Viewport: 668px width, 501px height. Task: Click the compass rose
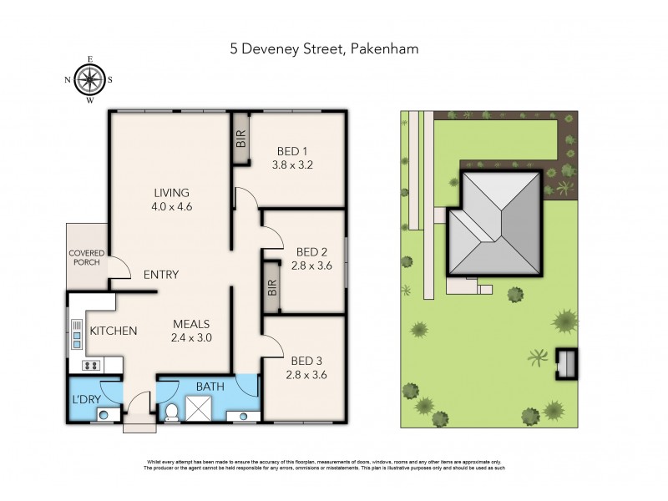[x=89, y=80]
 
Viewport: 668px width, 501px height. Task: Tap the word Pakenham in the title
[x=385, y=48]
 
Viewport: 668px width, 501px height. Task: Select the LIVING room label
[x=171, y=192]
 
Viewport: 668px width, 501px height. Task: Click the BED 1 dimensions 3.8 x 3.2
[x=291, y=164]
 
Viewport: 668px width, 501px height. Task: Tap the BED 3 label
[x=307, y=361]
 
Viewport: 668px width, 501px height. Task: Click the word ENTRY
[x=160, y=275]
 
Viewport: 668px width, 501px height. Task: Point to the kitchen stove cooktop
[x=91, y=365]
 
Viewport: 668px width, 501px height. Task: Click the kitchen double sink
[x=77, y=335]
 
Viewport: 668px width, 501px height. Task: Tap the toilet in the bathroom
[x=173, y=411]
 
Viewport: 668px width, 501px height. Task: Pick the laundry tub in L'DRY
[x=104, y=413]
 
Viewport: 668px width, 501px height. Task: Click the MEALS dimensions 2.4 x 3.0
[x=191, y=338]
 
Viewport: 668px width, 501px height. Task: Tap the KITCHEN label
[x=114, y=331]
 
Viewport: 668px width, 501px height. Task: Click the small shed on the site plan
[x=567, y=363]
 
